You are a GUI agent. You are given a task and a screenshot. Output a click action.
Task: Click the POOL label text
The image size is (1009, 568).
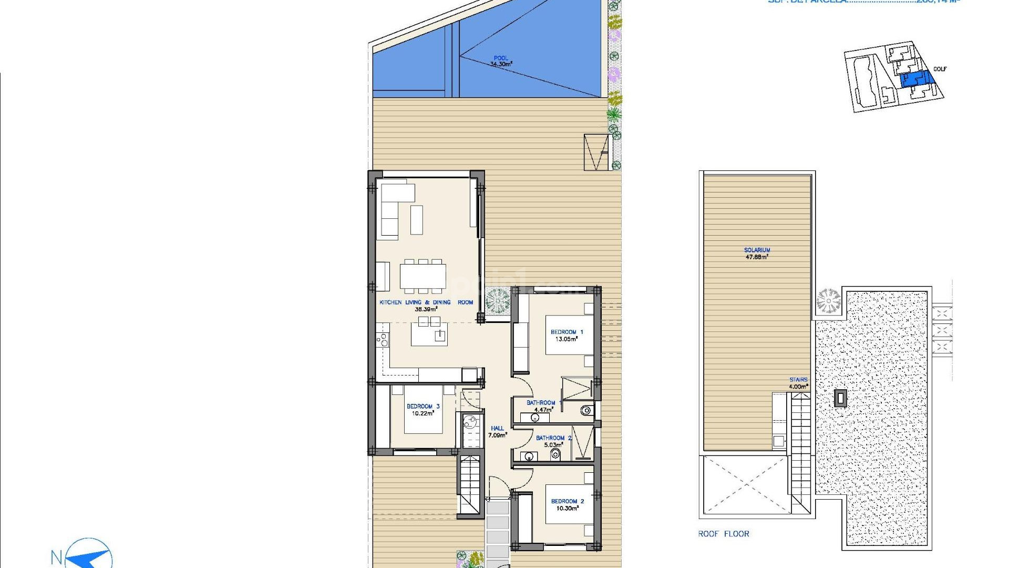(x=501, y=58)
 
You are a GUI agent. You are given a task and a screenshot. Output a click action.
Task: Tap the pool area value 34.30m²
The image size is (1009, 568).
(x=501, y=64)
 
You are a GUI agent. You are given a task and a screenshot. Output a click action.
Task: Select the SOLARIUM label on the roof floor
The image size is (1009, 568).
(x=757, y=250)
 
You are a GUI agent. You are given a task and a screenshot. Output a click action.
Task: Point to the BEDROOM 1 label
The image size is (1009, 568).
(x=567, y=332)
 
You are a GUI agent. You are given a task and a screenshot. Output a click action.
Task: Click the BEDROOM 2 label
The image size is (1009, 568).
(x=567, y=501)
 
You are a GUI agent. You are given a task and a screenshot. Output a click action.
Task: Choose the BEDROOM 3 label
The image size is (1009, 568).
(x=423, y=406)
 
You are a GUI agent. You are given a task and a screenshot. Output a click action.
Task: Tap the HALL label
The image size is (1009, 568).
(x=497, y=428)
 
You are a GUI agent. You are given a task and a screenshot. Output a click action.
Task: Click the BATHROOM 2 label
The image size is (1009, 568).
(x=553, y=438)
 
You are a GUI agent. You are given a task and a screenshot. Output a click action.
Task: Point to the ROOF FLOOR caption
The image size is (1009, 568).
(x=724, y=534)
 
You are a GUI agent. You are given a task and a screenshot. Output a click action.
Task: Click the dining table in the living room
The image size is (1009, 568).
(x=423, y=276)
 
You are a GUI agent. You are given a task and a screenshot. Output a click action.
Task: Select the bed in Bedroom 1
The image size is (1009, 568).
(x=569, y=335)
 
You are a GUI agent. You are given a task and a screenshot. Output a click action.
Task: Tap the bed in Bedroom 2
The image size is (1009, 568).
(x=569, y=504)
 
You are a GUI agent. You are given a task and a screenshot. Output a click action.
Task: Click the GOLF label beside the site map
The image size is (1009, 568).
(x=940, y=69)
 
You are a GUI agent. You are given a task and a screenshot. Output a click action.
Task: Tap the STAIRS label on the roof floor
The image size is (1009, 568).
(x=798, y=380)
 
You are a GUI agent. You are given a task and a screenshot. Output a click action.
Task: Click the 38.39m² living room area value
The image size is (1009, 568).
(x=426, y=309)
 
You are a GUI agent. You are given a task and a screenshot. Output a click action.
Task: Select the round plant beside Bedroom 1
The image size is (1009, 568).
(x=497, y=301)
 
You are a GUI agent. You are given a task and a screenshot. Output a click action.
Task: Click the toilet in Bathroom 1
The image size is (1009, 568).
(x=586, y=410)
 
